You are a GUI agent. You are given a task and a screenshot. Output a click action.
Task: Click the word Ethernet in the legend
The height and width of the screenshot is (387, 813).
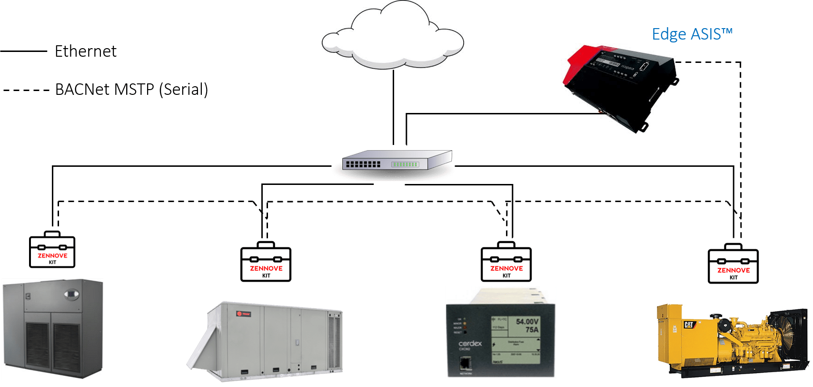[86, 51]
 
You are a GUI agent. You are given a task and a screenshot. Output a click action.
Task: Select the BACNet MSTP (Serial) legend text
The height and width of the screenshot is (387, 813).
[131, 90]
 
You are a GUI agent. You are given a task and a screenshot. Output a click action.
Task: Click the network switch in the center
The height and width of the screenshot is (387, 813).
[397, 162]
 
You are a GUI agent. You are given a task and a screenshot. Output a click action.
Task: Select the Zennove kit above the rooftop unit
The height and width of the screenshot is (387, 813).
[266, 262]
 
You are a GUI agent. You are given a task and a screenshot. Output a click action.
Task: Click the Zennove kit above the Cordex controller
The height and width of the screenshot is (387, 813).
[506, 262]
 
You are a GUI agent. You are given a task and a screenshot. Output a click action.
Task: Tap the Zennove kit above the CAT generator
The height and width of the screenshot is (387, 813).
[733, 264]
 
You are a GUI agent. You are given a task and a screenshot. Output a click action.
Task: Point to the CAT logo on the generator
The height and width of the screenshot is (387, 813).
[689, 325]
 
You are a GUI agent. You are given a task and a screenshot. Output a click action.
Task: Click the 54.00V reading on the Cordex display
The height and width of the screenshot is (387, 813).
[527, 322]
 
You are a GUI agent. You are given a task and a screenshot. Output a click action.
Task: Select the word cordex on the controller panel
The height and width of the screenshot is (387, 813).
[470, 344]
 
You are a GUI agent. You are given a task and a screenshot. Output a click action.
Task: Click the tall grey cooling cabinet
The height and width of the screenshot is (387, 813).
[52, 329]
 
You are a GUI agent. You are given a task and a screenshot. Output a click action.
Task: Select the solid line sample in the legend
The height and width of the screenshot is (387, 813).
[24, 51]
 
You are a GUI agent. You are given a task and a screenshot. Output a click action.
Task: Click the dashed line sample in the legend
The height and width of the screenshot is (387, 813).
[26, 90]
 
